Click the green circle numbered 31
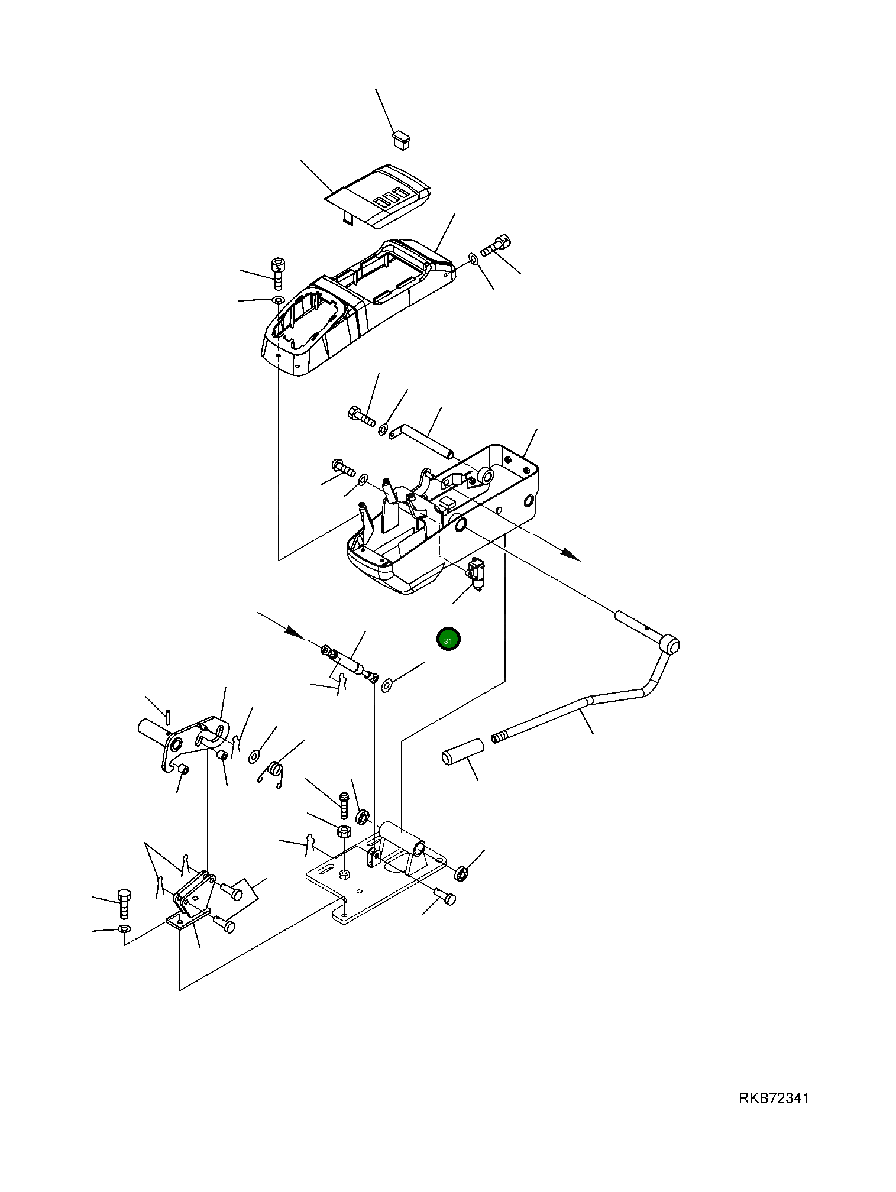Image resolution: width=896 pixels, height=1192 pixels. pos(448,640)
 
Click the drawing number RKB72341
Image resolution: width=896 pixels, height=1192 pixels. pos(773,1098)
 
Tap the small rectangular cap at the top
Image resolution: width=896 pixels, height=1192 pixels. pos(402,140)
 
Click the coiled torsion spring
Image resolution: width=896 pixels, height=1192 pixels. pos(274,769)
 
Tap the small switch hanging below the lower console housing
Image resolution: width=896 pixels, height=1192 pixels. pos(477,573)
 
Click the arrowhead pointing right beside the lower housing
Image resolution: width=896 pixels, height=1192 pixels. pos(570,555)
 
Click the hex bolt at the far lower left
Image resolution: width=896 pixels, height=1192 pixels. pos(124,903)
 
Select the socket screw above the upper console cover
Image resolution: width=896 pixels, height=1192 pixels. pos(277,273)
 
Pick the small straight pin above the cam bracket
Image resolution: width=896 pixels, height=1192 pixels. pos(169,716)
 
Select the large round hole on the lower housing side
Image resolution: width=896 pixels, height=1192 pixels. pos(459,523)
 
